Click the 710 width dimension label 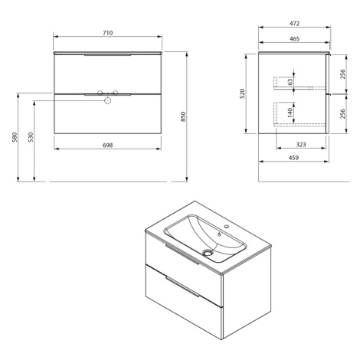click(107, 33)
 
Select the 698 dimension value click(107, 146)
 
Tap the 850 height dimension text click(183, 116)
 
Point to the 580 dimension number click(15, 137)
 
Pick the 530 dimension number click(31, 137)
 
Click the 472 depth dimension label click(294, 24)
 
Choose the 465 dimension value click(294, 39)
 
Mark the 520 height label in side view click(242, 93)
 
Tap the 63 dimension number click(290, 82)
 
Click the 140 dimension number click(290, 113)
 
